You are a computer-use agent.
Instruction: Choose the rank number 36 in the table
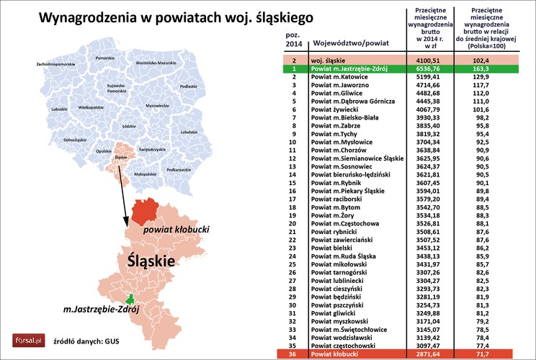point(293,355)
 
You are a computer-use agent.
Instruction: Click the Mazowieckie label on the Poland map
point(158,105)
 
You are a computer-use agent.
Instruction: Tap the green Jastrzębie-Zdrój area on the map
point(131,298)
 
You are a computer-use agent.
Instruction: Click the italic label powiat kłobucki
point(177,229)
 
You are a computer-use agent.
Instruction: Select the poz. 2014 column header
point(293,39)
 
